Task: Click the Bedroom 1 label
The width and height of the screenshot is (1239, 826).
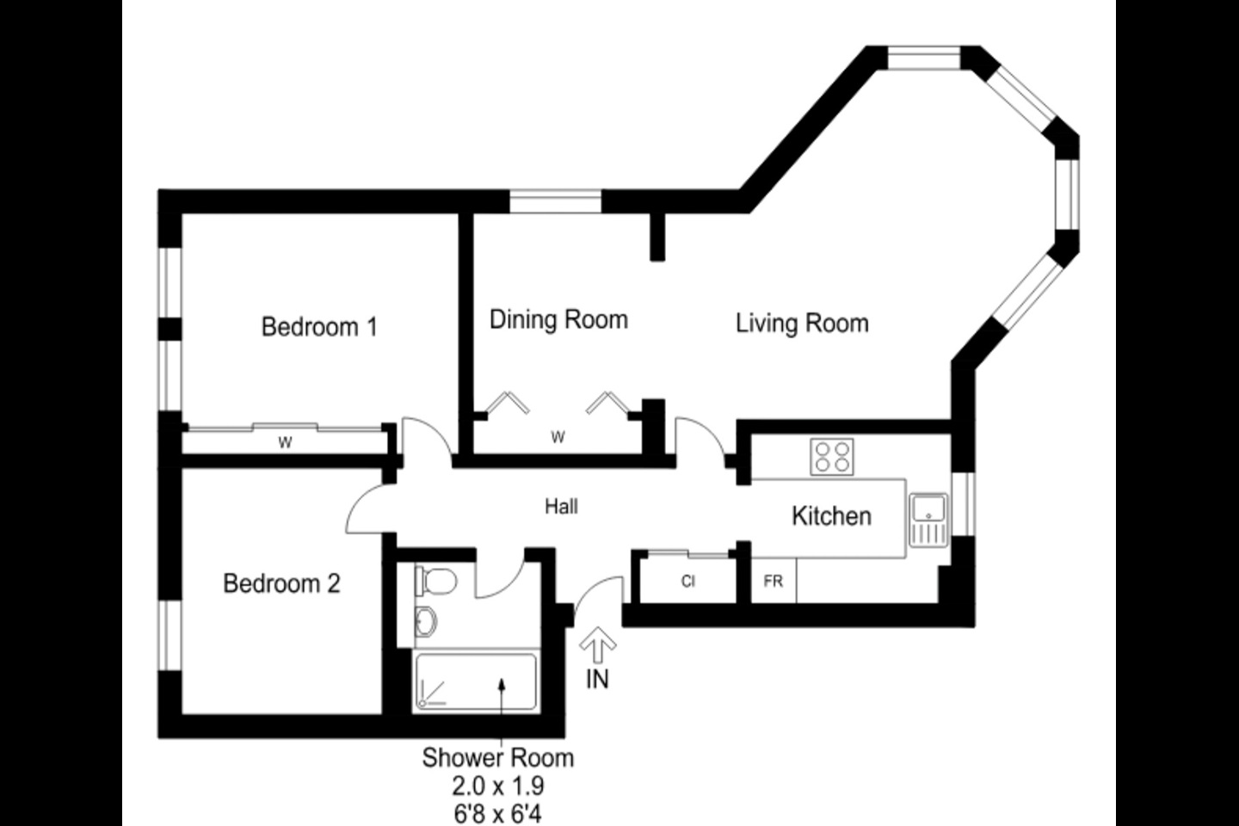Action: [319, 327]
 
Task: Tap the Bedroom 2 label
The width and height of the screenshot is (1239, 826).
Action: [281, 583]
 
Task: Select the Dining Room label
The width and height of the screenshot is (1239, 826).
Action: [558, 320]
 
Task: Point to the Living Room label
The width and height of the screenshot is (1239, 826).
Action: [802, 324]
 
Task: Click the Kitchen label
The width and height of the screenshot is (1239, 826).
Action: [831, 516]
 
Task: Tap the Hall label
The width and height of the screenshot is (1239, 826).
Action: [561, 507]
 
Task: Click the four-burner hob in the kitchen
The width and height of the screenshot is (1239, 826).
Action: [832, 456]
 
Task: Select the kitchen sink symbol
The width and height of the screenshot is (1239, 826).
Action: [928, 520]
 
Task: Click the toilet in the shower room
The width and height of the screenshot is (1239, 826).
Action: [435, 581]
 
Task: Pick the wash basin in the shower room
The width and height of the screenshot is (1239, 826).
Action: [426, 619]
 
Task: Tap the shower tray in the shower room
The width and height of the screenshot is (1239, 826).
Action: [476, 682]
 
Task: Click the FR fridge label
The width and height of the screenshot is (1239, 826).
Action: [773, 582]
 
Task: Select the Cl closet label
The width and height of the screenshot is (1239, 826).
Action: [687, 582]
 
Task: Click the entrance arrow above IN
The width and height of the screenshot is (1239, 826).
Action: [598, 644]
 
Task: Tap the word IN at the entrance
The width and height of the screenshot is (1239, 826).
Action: [597, 679]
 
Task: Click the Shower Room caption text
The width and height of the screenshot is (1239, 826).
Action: [497, 758]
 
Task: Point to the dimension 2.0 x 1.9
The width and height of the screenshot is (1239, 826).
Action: [498, 786]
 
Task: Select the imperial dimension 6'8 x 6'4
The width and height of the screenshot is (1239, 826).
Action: [498, 813]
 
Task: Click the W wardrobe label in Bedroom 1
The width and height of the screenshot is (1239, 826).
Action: [285, 443]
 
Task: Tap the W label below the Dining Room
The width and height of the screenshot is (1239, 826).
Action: [558, 438]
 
